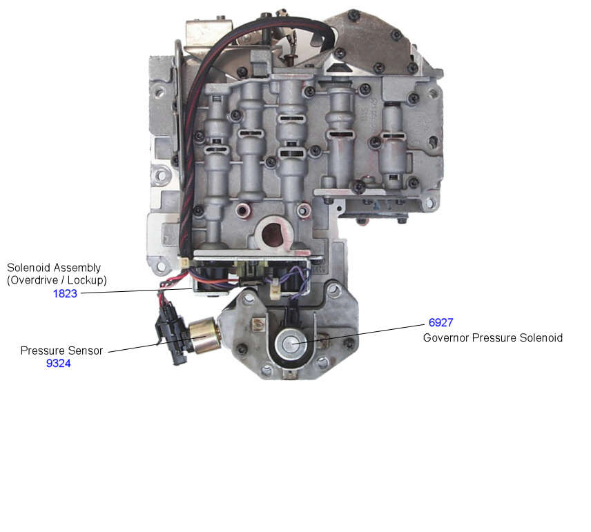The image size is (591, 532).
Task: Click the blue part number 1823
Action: click(x=65, y=293)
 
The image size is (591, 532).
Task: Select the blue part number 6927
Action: click(x=440, y=322)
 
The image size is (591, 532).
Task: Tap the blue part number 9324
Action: click(x=59, y=363)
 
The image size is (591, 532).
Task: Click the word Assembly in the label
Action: click(x=79, y=268)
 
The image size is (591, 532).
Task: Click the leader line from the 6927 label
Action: click(x=358, y=334)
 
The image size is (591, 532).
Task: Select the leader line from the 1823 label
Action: click(x=137, y=291)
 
